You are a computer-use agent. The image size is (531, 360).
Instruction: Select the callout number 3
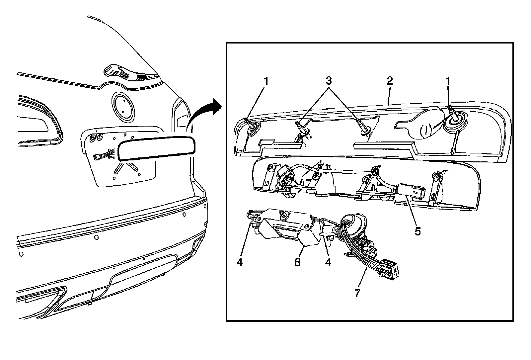[x=329, y=80]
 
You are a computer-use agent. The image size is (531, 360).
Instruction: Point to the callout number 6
[x=297, y=262]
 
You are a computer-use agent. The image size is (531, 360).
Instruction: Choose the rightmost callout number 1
[x=448, y=80]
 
